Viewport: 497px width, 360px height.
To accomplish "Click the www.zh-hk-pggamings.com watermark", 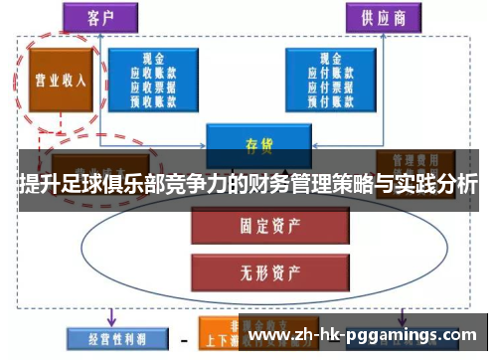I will (368, 336).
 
